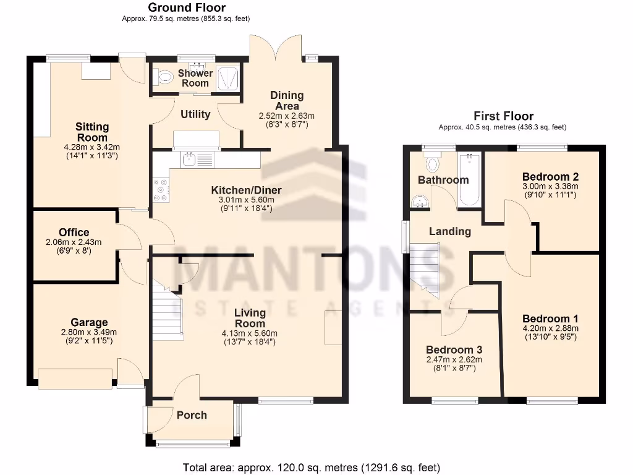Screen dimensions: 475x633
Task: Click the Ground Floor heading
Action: pyautogui.click(x=186, y=8)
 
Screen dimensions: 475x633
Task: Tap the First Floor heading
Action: pyautogui.click(x=503, y=116)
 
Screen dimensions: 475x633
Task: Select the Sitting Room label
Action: pyautogui.click(x=92, y=132)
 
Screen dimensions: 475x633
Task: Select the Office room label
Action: pyautogui.click(x=74, y=233)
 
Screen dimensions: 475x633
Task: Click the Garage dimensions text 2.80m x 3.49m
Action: pyautogui.click(x=89, y=332)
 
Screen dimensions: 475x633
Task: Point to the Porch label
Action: pyautogui.click(x=192, y=415)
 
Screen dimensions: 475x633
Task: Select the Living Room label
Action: pyautogui.click(x=250, y=318)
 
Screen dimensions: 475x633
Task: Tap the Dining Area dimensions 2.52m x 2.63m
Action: pyautogui.click(x=286, y=116)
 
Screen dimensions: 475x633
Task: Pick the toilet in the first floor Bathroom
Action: pyautogui.click(x=432, y=164)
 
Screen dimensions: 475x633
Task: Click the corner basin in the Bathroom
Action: pyautogui.click(x=420, y=202)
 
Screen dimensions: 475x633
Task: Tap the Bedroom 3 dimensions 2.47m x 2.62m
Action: pyautogui.click(x=454, y=359)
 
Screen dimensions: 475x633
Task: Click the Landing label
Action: pyautogui.click(x=450, y=231)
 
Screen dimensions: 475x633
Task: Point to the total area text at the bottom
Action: pyautogui.click(x=311, y=467)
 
